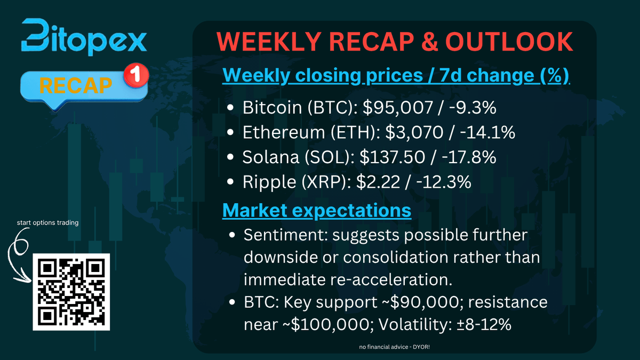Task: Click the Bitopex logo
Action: pyautogui.click(x=84, y=37)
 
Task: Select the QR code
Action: pyautogui.click(x=71, y=291)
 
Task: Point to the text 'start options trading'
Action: pyautogui.click(x=47, y=222)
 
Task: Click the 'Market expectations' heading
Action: pyautogui.click(x=317, y=210)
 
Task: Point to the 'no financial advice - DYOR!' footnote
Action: pyautogui.click(x=394, y=347)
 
